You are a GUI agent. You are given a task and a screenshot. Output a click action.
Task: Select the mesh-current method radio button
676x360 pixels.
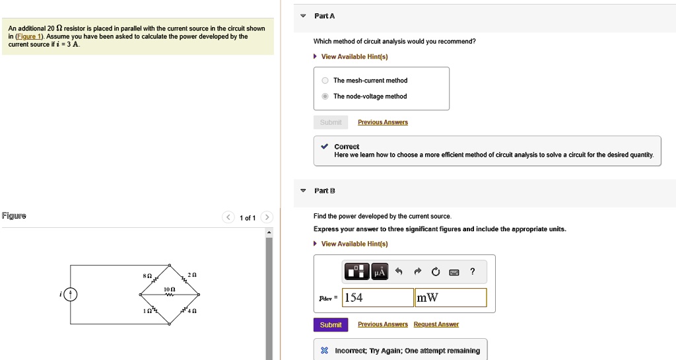tap(325, 81)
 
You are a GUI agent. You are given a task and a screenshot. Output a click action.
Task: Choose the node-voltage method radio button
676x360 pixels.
tap(325, 96)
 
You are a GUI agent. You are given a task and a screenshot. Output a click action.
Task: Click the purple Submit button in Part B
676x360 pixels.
tap(330, 325)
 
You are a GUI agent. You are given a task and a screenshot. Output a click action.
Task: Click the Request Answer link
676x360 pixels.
tap(436, 324)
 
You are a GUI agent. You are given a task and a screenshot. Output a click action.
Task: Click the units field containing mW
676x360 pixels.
tap(450, 298)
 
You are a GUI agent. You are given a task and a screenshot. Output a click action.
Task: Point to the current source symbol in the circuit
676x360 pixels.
tap(71, 295)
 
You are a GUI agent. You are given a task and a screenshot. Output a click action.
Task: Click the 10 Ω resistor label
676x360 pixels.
tap(170, 290)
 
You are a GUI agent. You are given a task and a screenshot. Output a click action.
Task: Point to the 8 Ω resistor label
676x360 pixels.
tap(148, 274)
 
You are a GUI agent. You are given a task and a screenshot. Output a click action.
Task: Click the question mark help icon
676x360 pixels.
tap(472, 271)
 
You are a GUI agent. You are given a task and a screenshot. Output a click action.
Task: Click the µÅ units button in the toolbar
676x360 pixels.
tap(380, 271)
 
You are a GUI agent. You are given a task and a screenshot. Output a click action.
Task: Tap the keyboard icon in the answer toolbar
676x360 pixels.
tap(454, 271)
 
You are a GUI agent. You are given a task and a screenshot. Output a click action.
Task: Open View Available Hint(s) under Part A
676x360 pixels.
tap(355, 57)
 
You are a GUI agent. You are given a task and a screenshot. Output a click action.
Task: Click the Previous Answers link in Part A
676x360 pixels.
tap(382, 122)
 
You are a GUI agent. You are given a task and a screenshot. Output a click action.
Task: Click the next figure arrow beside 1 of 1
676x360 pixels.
tap(266, 218)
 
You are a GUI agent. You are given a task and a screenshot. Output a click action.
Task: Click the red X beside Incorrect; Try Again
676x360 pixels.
tap(323, 351)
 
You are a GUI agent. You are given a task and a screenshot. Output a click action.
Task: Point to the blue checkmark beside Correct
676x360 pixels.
tap(323, 147)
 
